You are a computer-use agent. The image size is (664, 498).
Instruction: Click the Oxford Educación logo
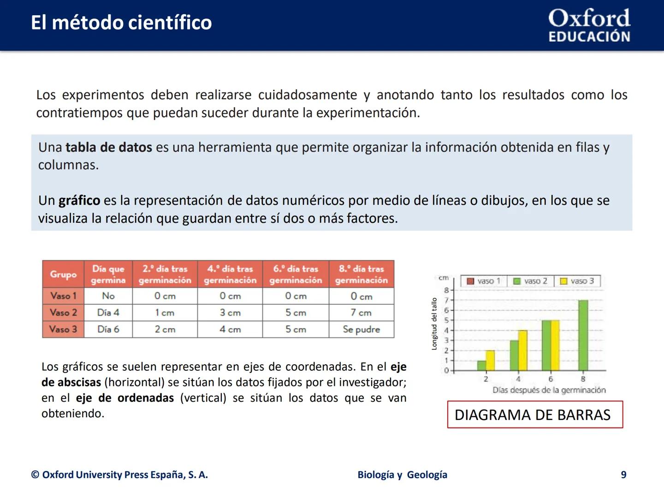[x=589, y=26]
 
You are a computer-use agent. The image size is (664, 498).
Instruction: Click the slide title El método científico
[x=121, y=23]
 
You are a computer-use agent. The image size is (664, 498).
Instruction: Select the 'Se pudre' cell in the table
[x=362, y=329]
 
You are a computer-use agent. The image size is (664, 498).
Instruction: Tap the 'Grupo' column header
[x=63, y=274]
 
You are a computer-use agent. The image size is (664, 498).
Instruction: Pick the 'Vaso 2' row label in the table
[x=63, y=313]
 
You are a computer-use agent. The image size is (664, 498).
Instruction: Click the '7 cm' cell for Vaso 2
[x=362, y=313]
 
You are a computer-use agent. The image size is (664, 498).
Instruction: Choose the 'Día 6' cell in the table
[x=108, y=329]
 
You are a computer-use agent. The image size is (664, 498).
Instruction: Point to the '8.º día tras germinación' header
[x=362, y=274]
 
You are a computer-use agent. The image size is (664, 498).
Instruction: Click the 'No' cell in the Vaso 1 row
[x=108, y=296]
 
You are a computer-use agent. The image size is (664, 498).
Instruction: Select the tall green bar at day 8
[x=583, y=335]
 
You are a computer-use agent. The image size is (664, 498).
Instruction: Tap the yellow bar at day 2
[x=490, y=361]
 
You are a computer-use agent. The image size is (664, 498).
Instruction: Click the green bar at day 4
[x=514, y=356]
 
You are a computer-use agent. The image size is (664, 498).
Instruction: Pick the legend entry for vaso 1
[x=484, y=281]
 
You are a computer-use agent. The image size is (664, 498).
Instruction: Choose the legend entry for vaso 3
[x=577, y=281]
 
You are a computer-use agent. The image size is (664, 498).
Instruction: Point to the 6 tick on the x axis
[x=551, y=379]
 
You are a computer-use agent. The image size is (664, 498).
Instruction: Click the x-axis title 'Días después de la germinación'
[x=549, y=390]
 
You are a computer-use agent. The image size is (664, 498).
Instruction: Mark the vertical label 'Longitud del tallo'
[x=434, y=324]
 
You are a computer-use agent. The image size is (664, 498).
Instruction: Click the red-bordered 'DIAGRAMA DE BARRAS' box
[x=535, y=415]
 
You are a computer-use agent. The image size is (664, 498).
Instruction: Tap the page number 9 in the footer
[x=623, y=475]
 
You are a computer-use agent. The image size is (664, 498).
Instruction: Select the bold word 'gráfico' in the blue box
[x=79, y=201]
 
